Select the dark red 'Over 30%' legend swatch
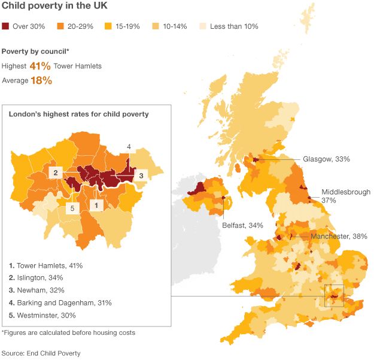point(6,26)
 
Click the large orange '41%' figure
point(40,66)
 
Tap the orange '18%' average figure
point(41,80)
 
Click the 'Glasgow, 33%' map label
point(326,159)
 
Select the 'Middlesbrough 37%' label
point(345,196)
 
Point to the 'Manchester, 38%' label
point(339,237)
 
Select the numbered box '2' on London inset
point(55,173)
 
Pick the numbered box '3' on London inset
point(140,175)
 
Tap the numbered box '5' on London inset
point(71,208)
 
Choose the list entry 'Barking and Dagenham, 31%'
point(60,302)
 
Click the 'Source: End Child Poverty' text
point(41,353)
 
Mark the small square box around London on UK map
point(333,296)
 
